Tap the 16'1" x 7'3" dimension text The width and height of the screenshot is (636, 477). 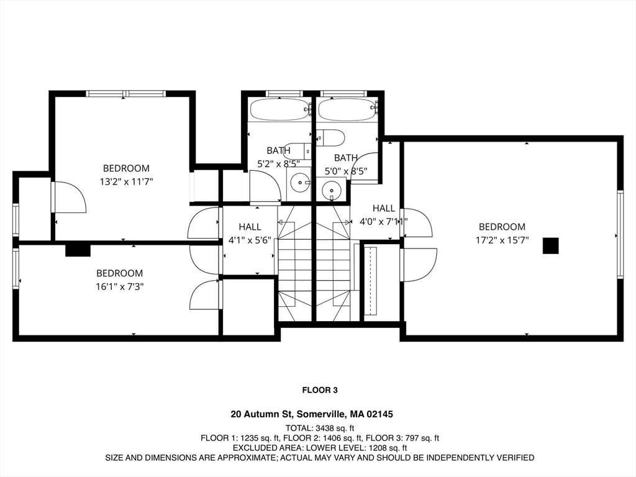tap(120, 287)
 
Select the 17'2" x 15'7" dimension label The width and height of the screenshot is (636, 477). tap(502, 240)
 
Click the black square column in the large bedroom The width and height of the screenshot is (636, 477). tap(550, 246)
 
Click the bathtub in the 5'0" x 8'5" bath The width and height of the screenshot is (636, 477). tap(348, 109)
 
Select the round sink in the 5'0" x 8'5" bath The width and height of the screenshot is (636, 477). tap(332, 190)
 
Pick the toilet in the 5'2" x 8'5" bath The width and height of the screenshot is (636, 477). tap(298, 151)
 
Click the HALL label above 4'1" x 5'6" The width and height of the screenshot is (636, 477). tap(250, 227)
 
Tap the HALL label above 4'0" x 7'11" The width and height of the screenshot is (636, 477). tap(384, 208)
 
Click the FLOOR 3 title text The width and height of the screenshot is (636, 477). tap(320, 390)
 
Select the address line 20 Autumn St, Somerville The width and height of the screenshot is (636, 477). tap(312, 414)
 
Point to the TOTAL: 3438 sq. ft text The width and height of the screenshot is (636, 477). tap(320, 428)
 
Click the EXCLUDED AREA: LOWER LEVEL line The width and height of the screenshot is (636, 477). tap(320, 448)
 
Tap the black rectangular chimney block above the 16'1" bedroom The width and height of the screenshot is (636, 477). tap(78, 250)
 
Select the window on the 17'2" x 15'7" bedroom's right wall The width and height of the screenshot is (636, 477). tap(620, 234)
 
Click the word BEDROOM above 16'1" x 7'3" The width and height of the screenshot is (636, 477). tap(120, 273)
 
